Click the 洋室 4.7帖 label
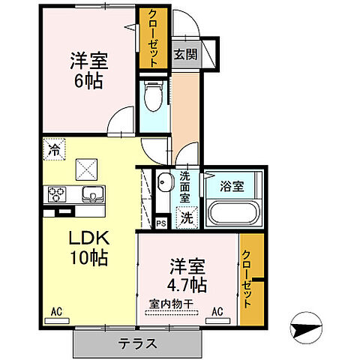pos(187,275)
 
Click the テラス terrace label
pos(136,344)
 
